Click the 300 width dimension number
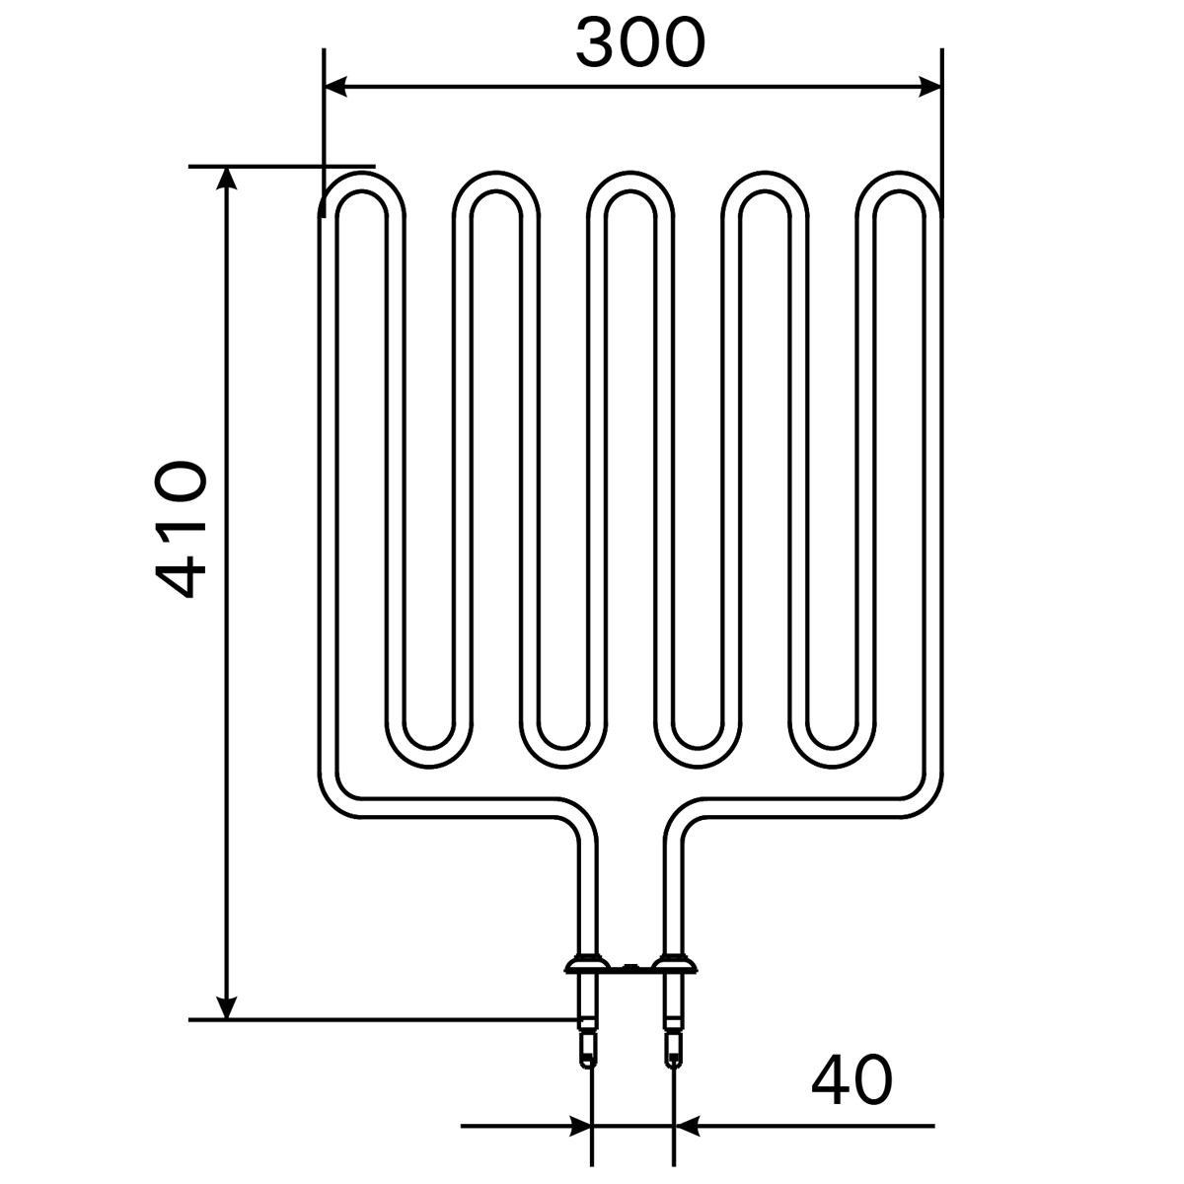(640, 42)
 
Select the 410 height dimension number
(181, 530)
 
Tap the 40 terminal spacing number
(851, 1079)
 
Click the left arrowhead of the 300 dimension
(335, 87)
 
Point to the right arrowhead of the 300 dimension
(930, 87)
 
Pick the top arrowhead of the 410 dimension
(227, 179)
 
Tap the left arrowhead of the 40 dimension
(580, 1126)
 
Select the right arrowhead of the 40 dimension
(687, 1126)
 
